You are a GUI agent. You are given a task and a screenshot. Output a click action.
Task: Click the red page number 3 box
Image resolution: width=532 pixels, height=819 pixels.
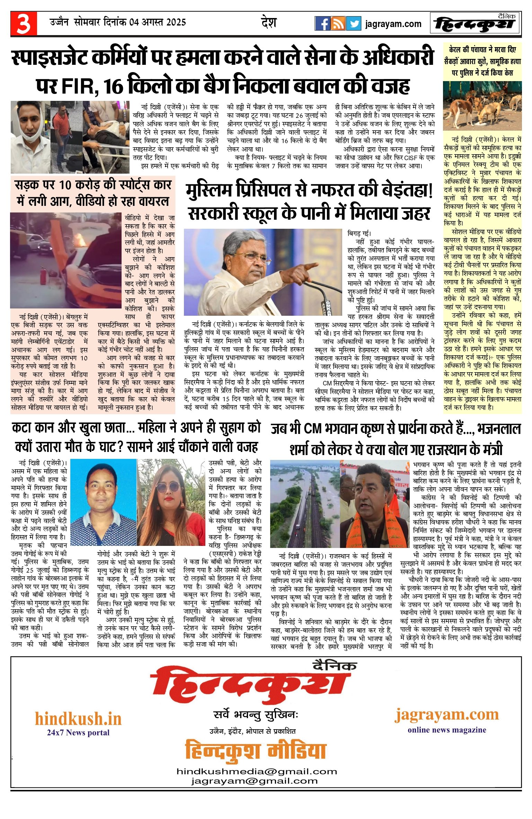(x=24, y=24)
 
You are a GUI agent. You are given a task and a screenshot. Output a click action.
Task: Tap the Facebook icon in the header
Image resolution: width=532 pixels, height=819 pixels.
(x=322, y=24)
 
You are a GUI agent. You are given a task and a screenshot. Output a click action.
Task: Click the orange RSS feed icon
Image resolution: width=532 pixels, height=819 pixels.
(x=338, y=24)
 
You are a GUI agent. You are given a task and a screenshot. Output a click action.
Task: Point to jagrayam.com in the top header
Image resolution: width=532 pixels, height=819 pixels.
(x=393, y=24)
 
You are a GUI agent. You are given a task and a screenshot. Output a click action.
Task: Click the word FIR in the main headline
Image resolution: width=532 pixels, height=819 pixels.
(x=79, y=86)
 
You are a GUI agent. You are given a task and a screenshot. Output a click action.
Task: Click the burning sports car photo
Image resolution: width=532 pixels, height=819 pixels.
(x=66, y=260)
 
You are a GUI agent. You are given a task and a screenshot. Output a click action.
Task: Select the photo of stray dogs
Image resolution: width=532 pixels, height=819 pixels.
(x=482, y=106)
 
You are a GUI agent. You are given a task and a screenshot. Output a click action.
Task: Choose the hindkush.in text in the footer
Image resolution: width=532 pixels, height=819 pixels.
(x=78, y=719)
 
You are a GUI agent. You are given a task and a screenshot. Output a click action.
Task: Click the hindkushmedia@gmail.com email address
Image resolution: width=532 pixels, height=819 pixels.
(x=257, y=772)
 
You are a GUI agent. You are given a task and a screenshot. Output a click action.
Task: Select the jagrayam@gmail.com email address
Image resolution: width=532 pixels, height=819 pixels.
(x=255, y=781)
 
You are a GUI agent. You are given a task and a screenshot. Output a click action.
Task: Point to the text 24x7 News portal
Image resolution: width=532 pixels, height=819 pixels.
(x=78, y=732)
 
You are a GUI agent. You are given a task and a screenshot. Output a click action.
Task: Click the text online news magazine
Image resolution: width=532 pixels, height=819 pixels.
(x=447, y=730)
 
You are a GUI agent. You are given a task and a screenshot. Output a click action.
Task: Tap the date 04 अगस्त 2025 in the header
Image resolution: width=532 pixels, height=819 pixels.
(x=158, y=23)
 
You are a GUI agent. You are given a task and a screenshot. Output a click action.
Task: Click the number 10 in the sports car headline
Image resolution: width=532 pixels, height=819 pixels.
(x=65, y=185)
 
